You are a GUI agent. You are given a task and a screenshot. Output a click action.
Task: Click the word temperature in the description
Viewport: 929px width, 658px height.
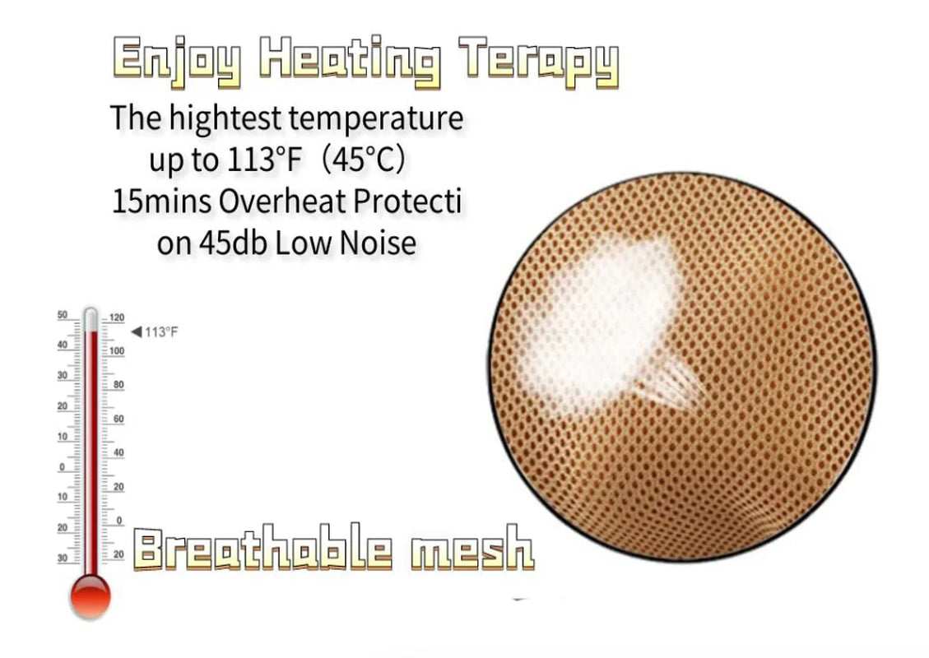376,118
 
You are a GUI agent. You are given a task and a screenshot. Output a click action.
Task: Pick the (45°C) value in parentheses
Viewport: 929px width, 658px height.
363,160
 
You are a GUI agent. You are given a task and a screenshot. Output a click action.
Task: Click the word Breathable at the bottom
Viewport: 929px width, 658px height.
261,549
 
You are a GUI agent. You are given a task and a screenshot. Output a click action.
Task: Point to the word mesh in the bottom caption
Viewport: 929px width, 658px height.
471,549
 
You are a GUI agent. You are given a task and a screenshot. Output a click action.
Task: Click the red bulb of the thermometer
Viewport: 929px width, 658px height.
90,595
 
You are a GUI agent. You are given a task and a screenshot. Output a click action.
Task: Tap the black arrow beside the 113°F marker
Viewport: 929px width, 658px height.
136,331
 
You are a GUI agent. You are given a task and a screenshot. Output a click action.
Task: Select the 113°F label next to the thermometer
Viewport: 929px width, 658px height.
161,331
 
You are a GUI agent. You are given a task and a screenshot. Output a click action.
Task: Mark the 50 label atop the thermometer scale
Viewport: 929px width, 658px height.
63,315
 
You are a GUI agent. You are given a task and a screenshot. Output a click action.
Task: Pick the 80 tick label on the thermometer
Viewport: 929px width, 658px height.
118,385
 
